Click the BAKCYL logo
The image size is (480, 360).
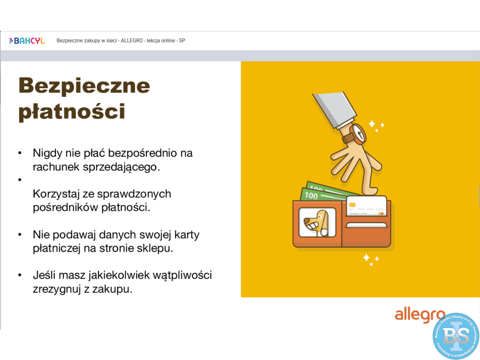[x=27, y=41]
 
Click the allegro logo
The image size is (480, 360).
[x=420, y=316]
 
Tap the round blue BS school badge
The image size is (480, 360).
[x=456, y=336]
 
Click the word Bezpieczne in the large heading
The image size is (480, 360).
[x=84, y=86]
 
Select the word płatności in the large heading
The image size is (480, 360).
[x=72, y=112]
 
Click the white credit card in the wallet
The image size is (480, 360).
[x=366, y=206]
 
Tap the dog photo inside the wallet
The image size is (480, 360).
[x=317, y=222]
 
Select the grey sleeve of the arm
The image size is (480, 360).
[x=335, y=110]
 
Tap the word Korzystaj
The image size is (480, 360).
[x=56, y=194]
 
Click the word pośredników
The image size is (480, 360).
[x=65, y=208]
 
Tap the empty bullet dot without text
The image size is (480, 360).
[x=20, y=180]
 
